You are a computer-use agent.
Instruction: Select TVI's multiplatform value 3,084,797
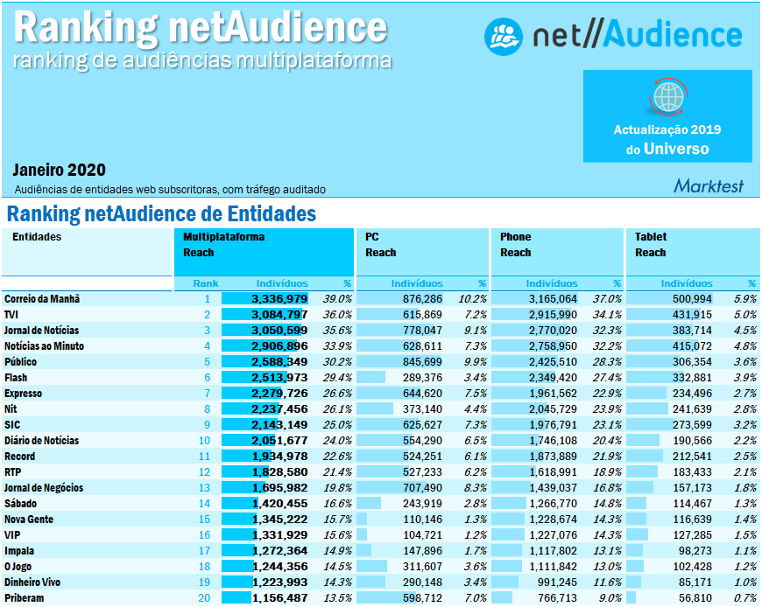279,314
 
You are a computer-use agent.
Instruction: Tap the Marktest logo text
709,185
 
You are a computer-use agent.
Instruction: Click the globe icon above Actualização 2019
667,95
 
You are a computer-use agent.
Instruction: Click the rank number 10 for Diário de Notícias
204,441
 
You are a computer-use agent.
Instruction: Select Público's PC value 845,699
421,361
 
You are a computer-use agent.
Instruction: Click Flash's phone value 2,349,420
552,377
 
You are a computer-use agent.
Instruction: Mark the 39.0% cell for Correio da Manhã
336,298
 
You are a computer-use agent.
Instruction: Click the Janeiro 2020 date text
59,170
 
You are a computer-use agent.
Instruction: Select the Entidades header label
37,237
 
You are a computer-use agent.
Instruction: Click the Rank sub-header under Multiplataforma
206,283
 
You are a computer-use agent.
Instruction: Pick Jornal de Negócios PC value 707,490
421,488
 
